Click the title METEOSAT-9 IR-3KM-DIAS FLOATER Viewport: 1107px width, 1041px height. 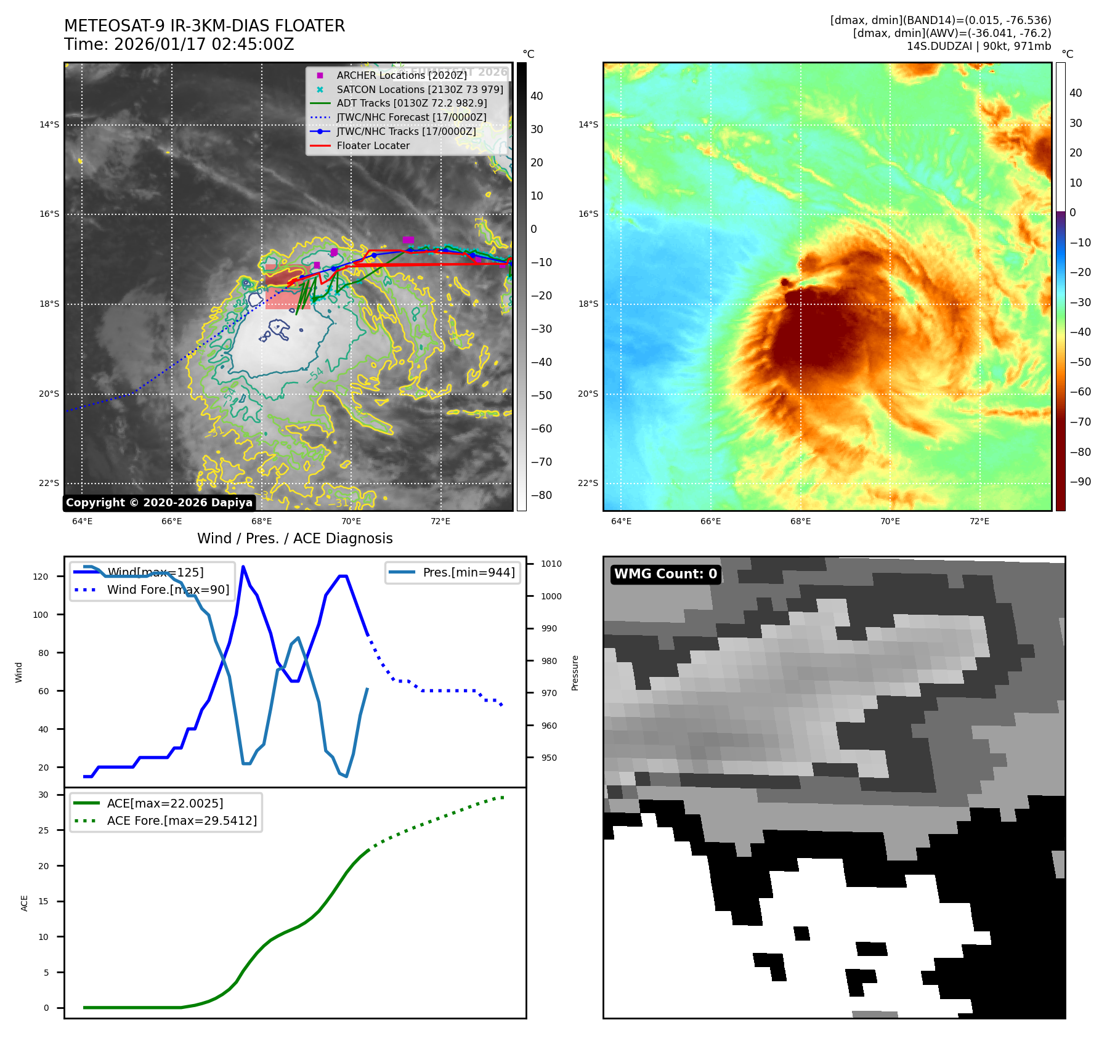205,26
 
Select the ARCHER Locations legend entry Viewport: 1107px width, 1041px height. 401,75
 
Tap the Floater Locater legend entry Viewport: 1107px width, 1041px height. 373,146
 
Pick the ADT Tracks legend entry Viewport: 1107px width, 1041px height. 412,103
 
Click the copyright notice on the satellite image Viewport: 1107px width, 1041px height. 159,503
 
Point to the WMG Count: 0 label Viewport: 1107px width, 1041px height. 665,574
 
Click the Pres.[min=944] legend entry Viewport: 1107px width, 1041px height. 468,572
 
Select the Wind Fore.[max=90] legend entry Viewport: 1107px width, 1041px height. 168,589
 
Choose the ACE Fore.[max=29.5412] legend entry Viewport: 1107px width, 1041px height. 182,820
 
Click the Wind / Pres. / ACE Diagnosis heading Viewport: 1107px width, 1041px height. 294,538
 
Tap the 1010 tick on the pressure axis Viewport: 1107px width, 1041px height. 551,564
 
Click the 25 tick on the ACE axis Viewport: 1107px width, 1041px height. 43,830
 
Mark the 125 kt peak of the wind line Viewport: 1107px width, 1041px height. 243,567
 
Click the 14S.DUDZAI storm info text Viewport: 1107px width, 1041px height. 978,46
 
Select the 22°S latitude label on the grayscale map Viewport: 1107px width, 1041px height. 49,483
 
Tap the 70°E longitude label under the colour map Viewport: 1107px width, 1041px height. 890,521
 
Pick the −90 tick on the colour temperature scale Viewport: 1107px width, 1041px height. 1080,482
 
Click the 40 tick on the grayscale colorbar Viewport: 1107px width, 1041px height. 537,96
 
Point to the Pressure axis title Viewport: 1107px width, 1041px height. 575,673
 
